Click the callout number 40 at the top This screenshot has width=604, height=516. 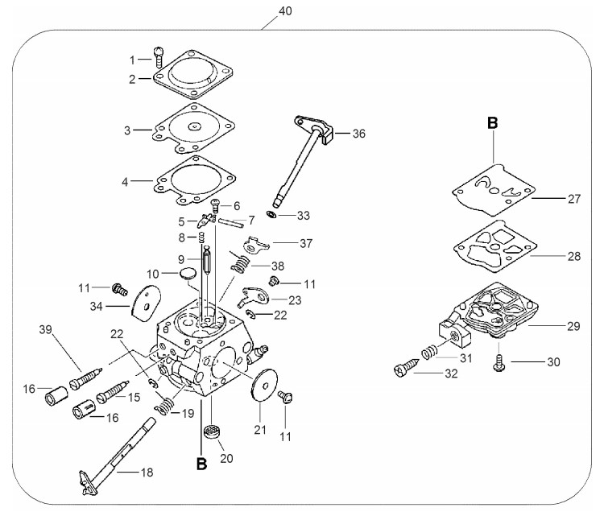coord(285,10)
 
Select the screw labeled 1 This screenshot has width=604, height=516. coord(159,56)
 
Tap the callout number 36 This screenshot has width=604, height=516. coord(358,134)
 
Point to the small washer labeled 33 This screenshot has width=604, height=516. coord(271,213)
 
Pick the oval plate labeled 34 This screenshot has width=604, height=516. coord(146,303)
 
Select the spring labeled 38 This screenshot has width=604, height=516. coord(240,264)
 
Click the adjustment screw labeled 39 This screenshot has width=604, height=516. coord(86,378)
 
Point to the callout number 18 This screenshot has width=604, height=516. coord(147,472)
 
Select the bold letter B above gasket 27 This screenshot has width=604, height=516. coord(492,123)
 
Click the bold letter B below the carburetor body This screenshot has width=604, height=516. coord(201,464)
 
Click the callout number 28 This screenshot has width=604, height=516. coord(574,256)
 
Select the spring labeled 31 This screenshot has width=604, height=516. coord(430,352)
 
